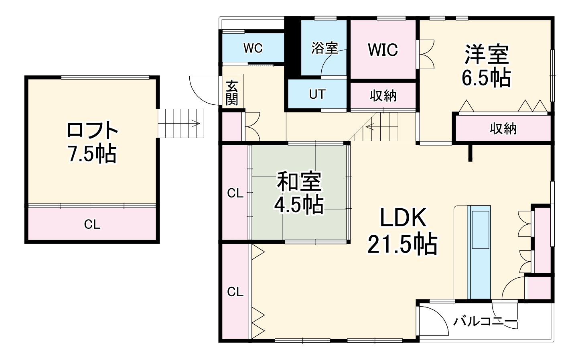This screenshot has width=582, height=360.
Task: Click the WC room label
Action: [253, 48]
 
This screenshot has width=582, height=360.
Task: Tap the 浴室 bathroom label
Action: [324, 48]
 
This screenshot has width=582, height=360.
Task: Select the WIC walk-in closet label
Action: [383, 50]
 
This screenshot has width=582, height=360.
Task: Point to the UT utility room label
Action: [317, 95]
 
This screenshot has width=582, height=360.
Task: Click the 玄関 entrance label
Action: [231, 93]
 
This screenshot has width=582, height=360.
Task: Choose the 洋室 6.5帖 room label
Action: [486, 66]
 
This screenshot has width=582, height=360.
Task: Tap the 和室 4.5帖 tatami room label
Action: [299, 193]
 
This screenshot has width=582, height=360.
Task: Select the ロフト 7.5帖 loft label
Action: [92, 142]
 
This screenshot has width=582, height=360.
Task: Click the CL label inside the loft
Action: [92, 225]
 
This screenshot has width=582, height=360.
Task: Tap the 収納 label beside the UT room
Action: [383, 96]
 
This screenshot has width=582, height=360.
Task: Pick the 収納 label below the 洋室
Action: [503, 129]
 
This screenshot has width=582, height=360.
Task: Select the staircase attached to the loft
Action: [181, 123]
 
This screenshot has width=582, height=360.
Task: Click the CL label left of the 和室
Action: [235, 193]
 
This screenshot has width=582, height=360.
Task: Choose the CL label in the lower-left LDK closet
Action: [235, 292]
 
